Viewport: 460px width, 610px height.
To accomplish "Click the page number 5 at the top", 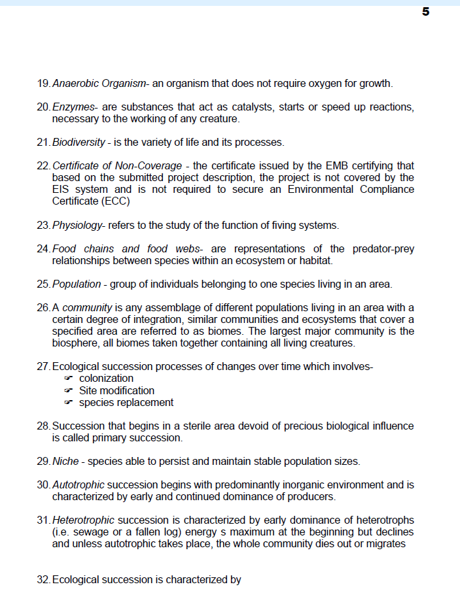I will [x=425, y=12].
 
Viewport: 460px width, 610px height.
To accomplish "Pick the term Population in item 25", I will [x=76, y=284].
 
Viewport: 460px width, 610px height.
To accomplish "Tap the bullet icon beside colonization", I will [x=68, y=379].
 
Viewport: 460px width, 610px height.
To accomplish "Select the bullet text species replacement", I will [x=126, y=402].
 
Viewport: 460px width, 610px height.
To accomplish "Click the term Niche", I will [x=65, y=462].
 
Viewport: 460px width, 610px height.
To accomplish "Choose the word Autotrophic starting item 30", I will [x=78, y=485].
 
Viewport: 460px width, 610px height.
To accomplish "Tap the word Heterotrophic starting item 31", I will [x=83, y=520].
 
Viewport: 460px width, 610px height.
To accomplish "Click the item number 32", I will [x=43, y=579].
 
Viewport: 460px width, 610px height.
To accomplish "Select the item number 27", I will [x=43, y=367].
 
